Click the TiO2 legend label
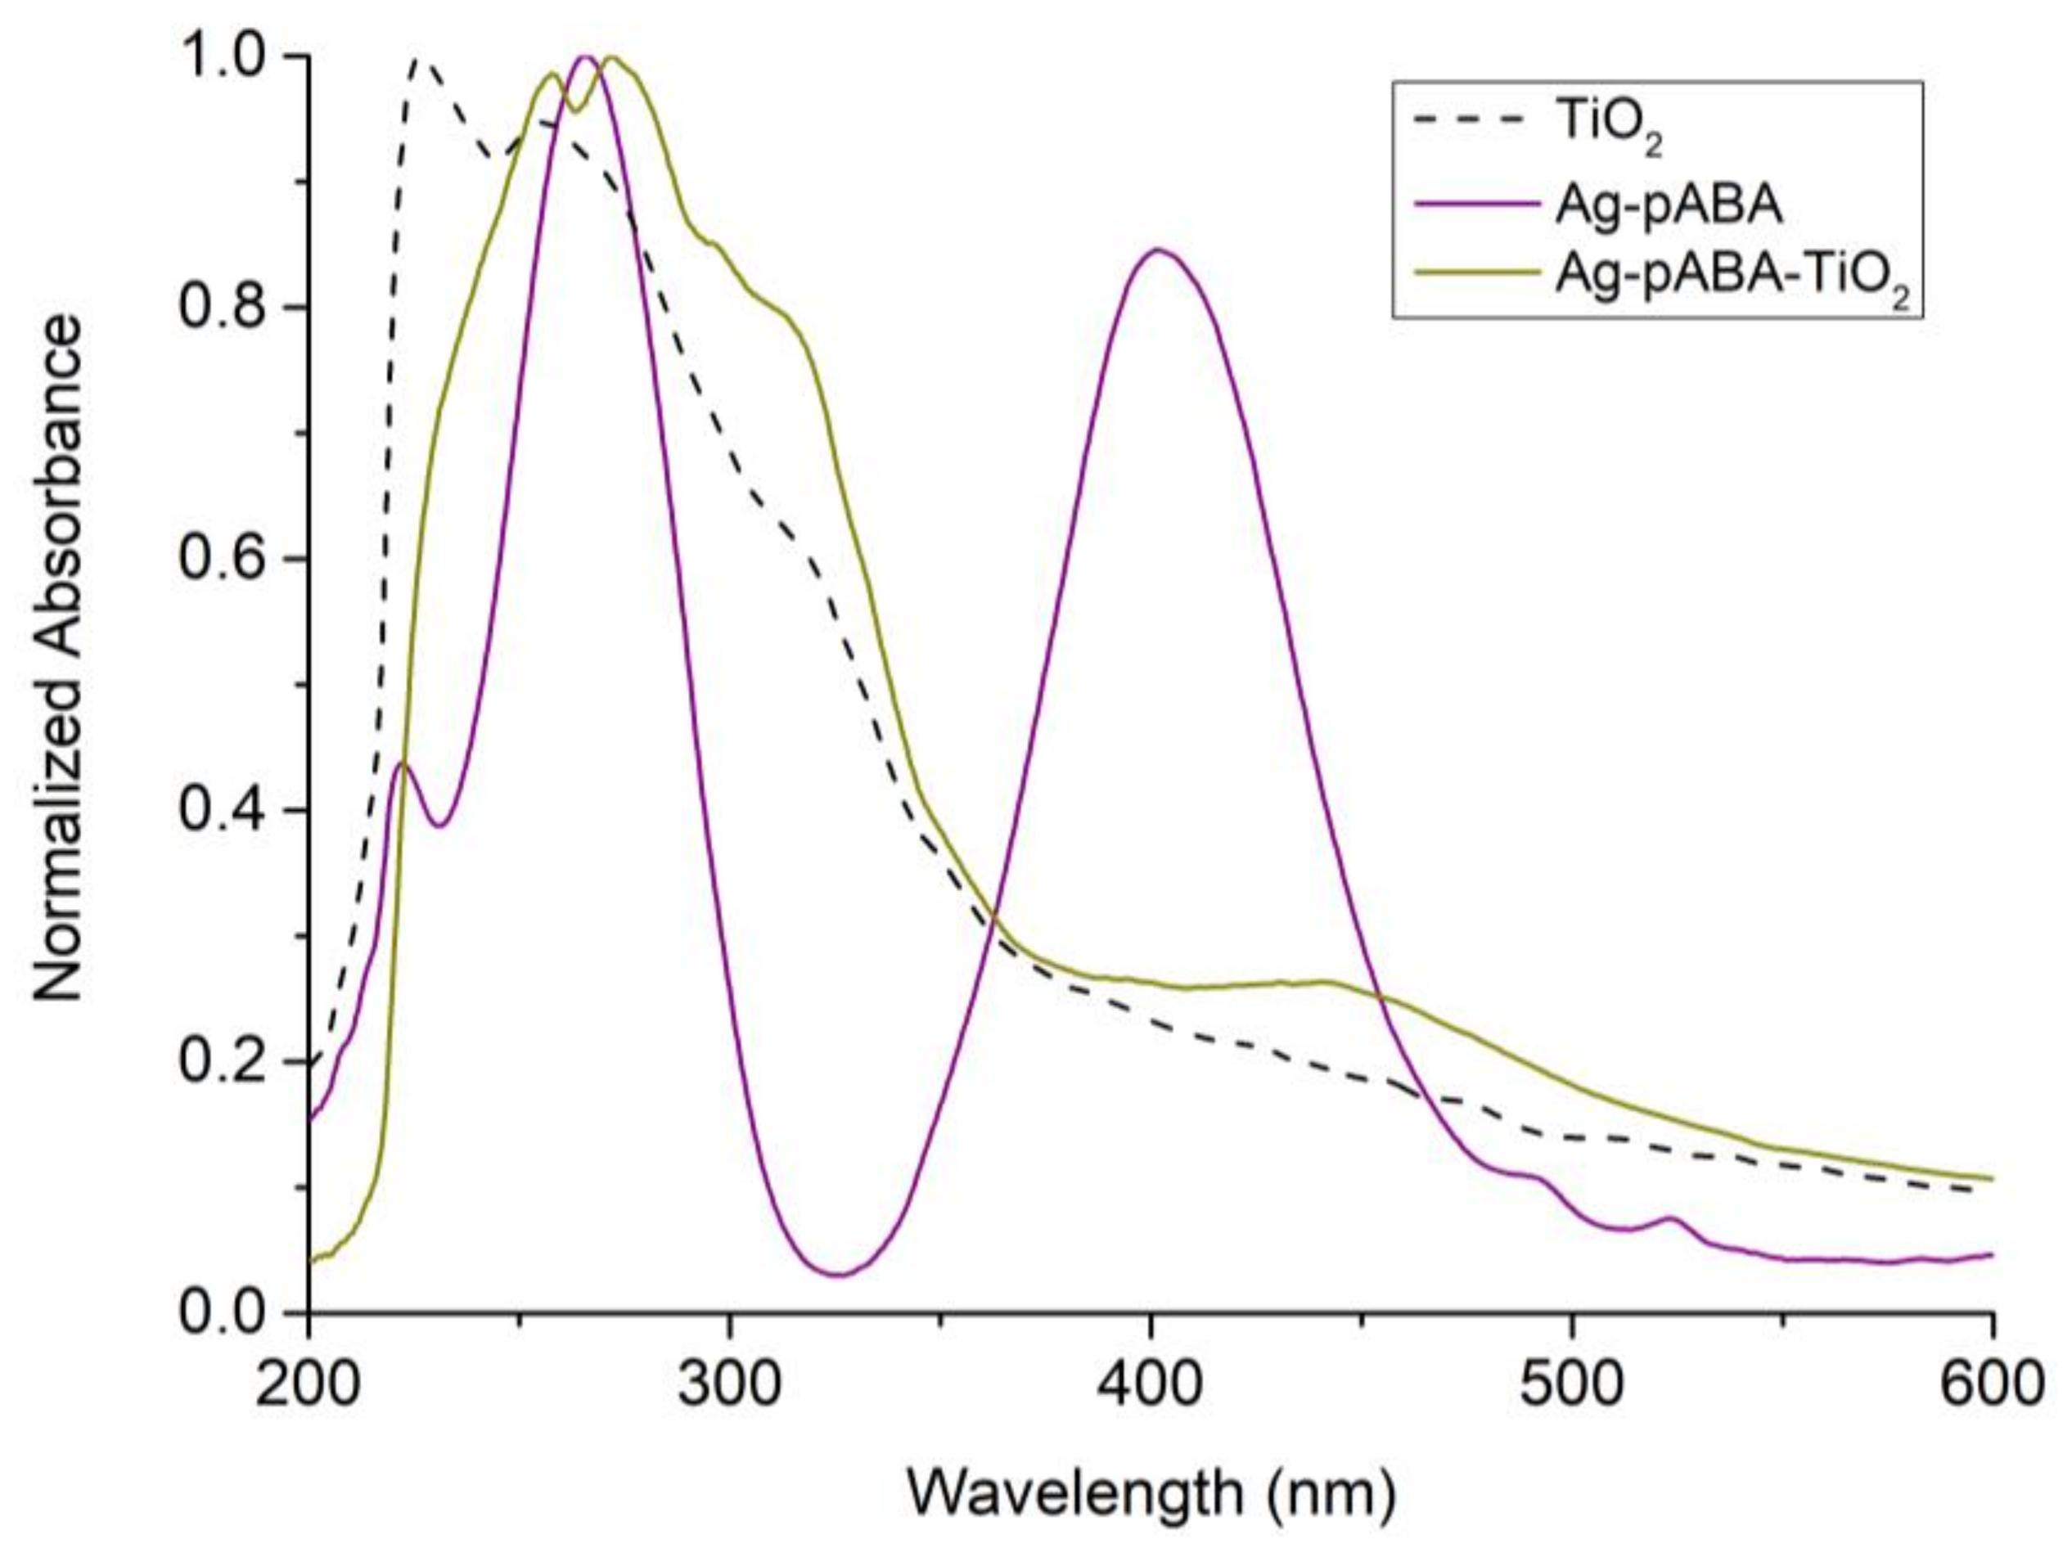point(1607,129)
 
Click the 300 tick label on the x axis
point(729,1385)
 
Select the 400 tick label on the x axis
point(1151,1385)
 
